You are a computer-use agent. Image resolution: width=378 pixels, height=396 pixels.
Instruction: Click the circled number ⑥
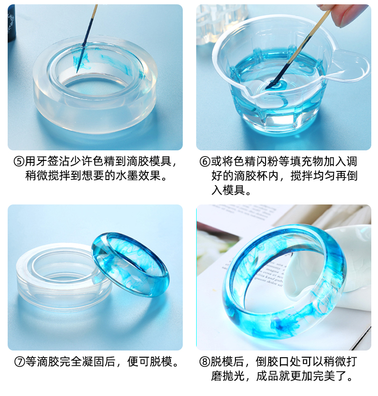[x=204, y=161]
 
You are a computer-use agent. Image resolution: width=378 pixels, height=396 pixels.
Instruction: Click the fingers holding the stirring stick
[x=345, y=13]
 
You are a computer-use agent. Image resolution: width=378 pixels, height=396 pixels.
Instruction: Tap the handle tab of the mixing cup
[x=352, y=63]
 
